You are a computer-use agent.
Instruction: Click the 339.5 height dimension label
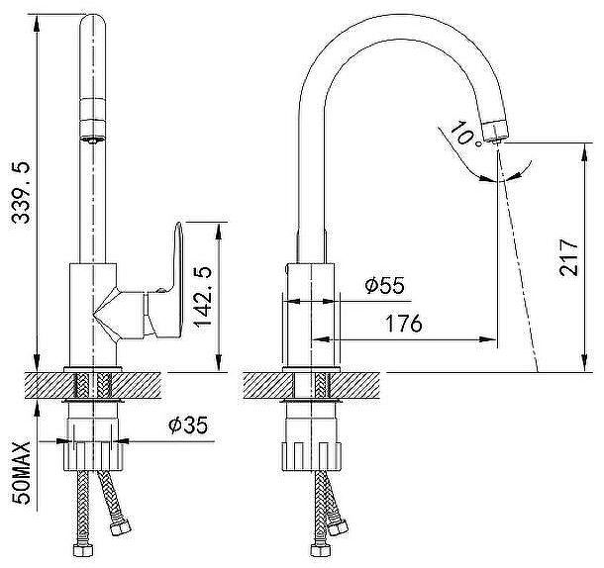point(21,193)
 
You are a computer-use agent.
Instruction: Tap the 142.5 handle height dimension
point(203,297)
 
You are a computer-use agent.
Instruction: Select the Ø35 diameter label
point(188,426)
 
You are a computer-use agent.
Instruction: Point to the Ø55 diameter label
point(385,285)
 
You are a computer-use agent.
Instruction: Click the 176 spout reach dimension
point(404,324)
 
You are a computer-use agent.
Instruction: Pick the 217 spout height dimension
point(569,257)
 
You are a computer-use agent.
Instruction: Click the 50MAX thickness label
point(21,473)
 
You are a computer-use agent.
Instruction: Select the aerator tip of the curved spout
point(495,131)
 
